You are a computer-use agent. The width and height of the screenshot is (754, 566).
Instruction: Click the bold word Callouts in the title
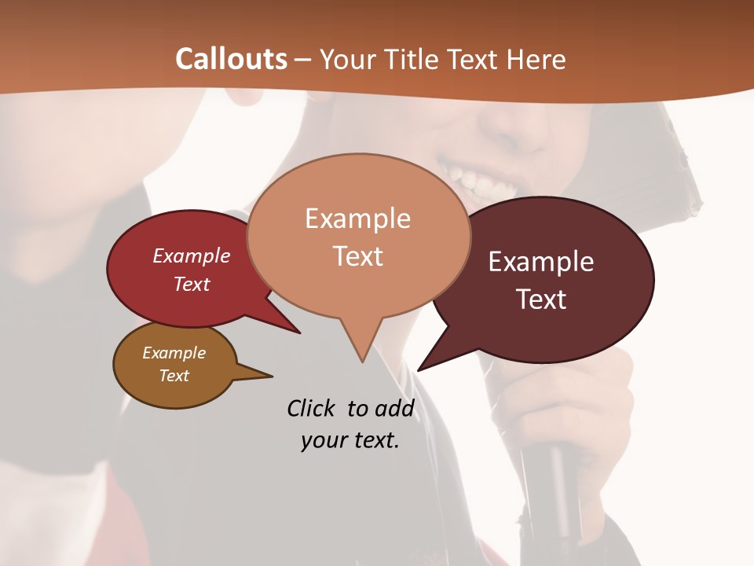(231, 59)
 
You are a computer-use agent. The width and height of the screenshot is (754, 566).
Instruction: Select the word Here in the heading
(537, 59)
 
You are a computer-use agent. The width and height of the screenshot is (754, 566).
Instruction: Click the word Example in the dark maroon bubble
(541, 262)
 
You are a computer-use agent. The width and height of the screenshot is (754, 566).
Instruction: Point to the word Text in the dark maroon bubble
(542, 299)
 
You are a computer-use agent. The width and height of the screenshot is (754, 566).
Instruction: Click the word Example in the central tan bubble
(357, 219)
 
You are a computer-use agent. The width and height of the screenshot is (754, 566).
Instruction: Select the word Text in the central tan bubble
(358, 255)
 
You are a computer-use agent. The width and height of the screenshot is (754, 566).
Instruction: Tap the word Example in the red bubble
(192, 255)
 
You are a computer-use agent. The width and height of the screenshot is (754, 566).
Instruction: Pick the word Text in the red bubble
(192, 284)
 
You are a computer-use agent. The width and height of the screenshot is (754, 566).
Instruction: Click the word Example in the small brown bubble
(174, 353)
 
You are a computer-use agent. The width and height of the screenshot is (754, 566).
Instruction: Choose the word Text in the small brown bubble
(174, 376)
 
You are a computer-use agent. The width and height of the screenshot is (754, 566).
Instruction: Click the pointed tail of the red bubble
(297, 331)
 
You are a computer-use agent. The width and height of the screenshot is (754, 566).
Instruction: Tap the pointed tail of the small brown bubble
(269, 376)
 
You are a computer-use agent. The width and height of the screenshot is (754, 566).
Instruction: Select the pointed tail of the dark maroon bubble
(421, 368)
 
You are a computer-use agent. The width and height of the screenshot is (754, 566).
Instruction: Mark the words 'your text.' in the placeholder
(350, 441)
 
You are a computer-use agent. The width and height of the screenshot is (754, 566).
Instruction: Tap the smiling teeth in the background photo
(479, 180)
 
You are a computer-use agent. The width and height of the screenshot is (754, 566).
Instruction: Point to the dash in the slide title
(303, 59)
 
